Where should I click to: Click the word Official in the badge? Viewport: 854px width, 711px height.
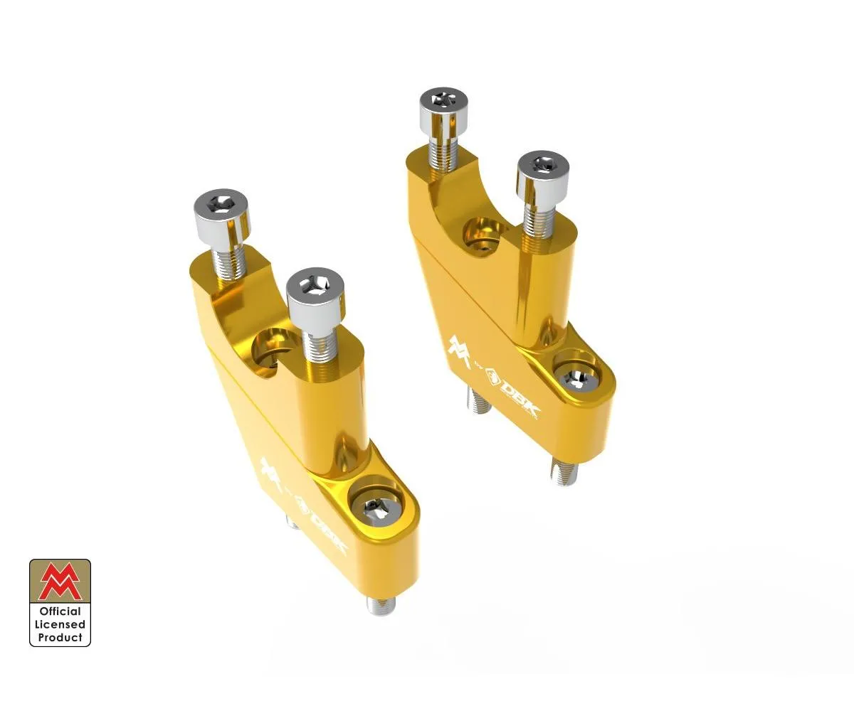(60, 611)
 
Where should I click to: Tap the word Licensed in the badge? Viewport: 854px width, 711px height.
(60, 624)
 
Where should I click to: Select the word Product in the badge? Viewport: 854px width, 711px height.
(60, 637)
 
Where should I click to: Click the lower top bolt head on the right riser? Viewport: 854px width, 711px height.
(542, 168)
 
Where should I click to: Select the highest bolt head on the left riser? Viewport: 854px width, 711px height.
(222, 211)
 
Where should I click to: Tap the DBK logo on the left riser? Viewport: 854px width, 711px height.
(327, 526)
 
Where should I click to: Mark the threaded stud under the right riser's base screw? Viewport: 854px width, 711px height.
(563, 471)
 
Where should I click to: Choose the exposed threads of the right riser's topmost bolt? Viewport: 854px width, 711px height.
(444, 153)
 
